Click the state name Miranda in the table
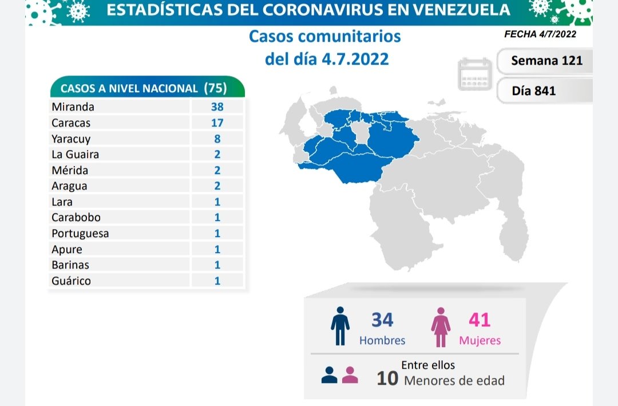[73, 107]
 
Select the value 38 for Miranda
[217, 107]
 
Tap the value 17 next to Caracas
[217, 123]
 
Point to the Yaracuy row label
[71, 139]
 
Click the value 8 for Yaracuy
[217, 139]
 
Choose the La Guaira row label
[75, 154]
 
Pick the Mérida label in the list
[70, 170]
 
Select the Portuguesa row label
[80, 233]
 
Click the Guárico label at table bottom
[71, 281]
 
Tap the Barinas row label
[70, 265]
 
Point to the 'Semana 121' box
[546, 60]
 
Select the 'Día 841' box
[534, 90]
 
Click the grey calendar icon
[475, 74]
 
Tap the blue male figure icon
[340, 326]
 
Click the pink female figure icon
[441, 326]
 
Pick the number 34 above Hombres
[382, 320]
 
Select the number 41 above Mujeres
[480, 320]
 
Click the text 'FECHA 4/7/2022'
[540, 34]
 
